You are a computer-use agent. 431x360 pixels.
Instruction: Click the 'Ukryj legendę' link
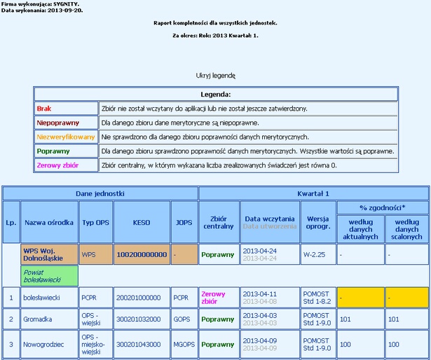[x=216, y=75]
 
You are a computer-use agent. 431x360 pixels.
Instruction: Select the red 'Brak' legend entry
[x=45, y=109]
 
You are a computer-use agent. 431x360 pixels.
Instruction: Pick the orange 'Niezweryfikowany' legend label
[x=65, y=137]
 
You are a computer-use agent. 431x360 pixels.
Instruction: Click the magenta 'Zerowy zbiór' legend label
[x=57, y=165]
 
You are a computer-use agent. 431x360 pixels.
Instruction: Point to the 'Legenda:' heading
[x=216, y=94]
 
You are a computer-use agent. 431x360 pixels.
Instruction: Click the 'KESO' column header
[x=141, y=222]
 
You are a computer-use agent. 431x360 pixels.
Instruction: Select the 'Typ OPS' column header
[x=95, y=222]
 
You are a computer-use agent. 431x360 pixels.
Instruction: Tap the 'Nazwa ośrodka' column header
[x=49, y=222]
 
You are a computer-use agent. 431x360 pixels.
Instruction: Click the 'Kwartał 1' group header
[x=313, y=193]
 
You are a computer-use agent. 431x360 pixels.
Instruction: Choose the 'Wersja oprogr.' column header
[x=318, y=222]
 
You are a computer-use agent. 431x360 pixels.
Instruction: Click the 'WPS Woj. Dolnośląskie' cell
[x=49, y=254]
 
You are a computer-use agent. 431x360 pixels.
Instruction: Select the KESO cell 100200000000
[x=141, y=254]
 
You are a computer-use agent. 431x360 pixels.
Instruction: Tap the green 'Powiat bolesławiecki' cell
[x=49, y=275]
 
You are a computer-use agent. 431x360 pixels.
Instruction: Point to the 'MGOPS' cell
[x=184, y=345]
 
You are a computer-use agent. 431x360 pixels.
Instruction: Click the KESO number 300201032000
[x=141, y=319]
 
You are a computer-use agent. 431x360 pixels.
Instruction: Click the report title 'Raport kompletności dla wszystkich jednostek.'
[x=215, y=23]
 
